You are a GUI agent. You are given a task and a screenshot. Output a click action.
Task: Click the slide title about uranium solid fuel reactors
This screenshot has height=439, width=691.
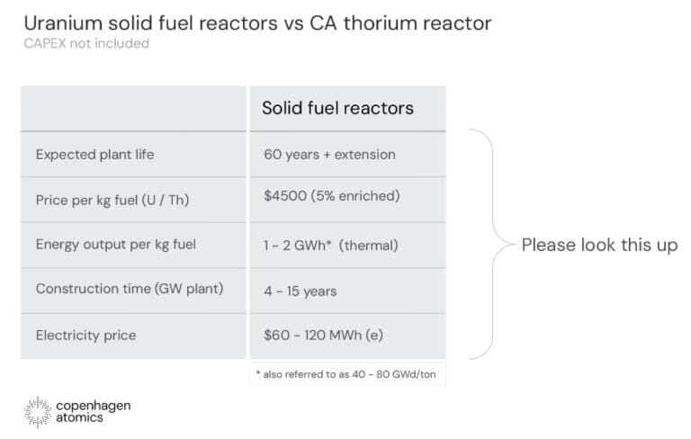257,22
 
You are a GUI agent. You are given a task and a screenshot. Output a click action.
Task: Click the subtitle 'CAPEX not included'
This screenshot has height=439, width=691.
86,43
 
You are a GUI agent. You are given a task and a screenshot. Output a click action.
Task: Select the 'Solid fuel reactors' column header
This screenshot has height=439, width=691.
337,108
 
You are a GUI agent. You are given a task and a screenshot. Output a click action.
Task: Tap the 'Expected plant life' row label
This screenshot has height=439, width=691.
94,155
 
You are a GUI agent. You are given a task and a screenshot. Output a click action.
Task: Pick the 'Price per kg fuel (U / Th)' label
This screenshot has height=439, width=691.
112,200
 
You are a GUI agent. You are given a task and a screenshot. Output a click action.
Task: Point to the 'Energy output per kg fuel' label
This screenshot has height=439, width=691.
116,245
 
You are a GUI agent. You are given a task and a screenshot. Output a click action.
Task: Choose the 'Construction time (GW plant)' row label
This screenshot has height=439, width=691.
130,289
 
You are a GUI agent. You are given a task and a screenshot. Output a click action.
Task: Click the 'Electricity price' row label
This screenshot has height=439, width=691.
86,336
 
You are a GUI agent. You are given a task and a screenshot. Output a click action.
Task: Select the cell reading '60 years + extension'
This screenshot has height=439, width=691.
329,155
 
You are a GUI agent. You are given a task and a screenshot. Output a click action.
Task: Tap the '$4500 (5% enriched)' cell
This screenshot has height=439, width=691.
332,196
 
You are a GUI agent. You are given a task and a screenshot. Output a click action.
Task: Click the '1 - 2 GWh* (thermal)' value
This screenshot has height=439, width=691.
331,245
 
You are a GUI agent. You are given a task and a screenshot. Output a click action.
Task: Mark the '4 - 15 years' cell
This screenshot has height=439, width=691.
301,291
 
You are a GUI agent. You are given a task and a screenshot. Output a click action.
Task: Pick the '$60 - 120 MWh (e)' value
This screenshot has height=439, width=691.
324,335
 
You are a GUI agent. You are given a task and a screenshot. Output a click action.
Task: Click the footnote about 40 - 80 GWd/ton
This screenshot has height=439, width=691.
345,374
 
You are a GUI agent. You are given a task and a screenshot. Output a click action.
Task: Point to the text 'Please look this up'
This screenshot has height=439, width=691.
599,245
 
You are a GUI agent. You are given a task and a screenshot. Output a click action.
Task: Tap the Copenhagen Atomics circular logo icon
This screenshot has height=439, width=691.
38,412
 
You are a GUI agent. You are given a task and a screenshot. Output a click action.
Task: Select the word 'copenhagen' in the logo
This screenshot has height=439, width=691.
94,406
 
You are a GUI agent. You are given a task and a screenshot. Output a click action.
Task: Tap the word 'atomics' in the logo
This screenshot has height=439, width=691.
79,417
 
